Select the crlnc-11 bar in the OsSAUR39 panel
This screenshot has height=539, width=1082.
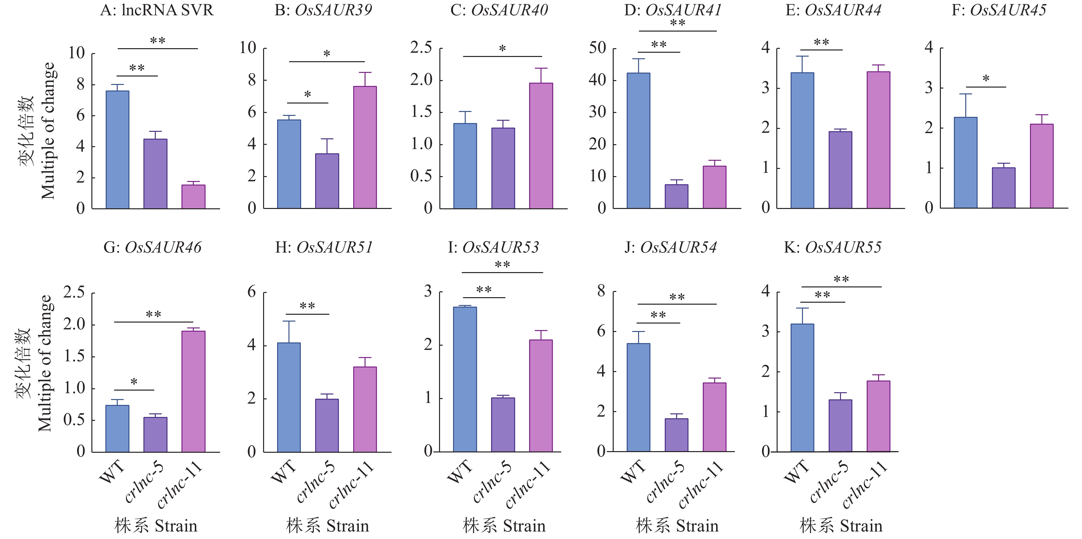365,147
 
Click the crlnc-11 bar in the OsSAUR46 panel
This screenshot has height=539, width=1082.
193,392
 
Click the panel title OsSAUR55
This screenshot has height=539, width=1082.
833,247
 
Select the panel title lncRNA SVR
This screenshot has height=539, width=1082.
157,10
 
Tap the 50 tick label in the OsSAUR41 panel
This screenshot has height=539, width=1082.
597,48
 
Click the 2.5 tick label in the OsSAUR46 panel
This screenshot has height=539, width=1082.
74,292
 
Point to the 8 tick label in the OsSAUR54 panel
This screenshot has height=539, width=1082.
601,291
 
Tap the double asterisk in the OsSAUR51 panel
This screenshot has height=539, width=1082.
307,306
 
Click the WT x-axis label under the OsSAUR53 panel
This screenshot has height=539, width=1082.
459,471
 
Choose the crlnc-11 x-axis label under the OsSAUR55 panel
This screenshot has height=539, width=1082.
865,484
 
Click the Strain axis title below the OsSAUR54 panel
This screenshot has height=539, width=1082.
677,526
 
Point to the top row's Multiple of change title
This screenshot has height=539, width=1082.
47,130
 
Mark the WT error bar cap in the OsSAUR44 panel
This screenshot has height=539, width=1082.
802,56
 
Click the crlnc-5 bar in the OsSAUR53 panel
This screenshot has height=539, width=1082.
503,425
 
